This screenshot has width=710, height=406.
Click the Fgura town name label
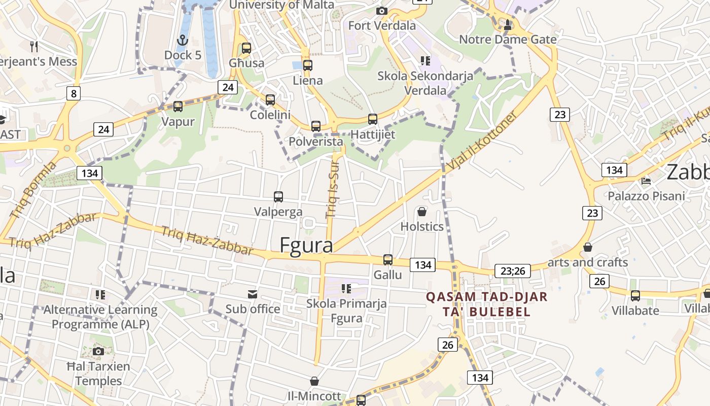tap(306, 245)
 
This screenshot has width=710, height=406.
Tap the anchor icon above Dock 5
tap(182, 40)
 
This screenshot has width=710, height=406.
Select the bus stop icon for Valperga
tap(278, 197)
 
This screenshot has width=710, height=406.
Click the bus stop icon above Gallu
tap(388, 260)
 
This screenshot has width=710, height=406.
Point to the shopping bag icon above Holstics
tap(421, 211)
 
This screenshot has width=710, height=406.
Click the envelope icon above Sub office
tap(252, 294)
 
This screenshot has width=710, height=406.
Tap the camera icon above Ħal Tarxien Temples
tap(98, 351)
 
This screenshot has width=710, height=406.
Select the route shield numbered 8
tap(74, 93)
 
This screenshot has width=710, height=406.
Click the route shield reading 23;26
tap(513, 271)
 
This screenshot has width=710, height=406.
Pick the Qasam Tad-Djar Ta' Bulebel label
tap(479, 304)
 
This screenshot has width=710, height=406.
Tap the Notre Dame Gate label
tap(508, 40)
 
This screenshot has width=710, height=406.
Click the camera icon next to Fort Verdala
tap(382, 11)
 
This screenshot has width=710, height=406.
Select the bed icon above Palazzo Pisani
tap(646, 181)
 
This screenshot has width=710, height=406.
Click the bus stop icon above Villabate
tap(635, 295)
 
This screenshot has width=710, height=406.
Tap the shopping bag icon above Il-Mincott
tap(314, 381)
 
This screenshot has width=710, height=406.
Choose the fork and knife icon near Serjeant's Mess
tap(34, 47)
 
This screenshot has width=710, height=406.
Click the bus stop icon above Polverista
tap(316, 126)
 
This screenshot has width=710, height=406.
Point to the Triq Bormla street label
tap(33, 191)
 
